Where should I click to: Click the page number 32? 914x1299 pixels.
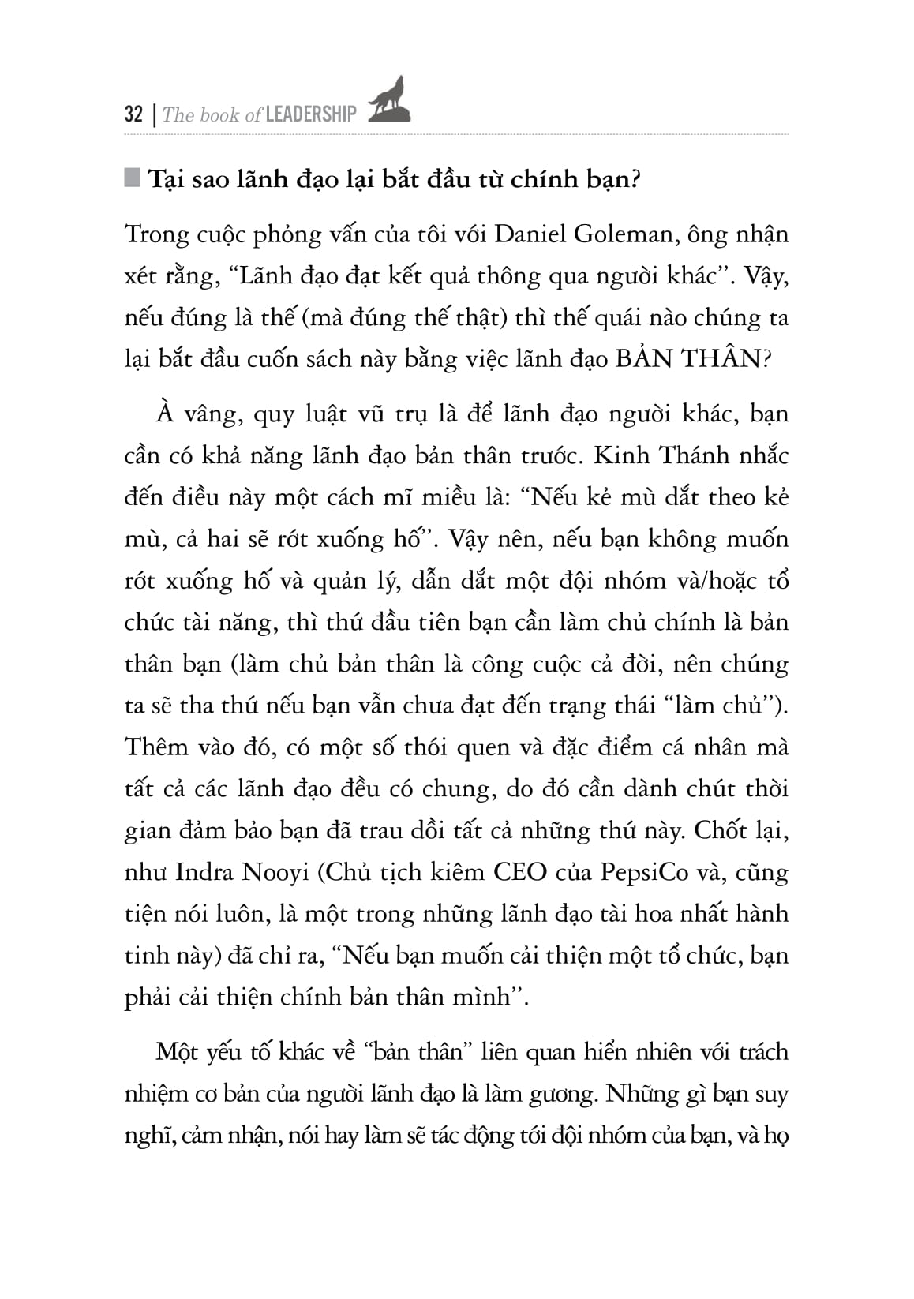pos(133,114)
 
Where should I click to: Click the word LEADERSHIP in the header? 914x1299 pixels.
pos(311,114)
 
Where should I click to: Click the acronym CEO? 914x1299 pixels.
pos(519,872)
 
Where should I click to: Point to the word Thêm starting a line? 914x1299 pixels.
pos(155,747)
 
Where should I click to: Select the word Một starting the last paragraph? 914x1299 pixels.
pos(176,1052)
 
